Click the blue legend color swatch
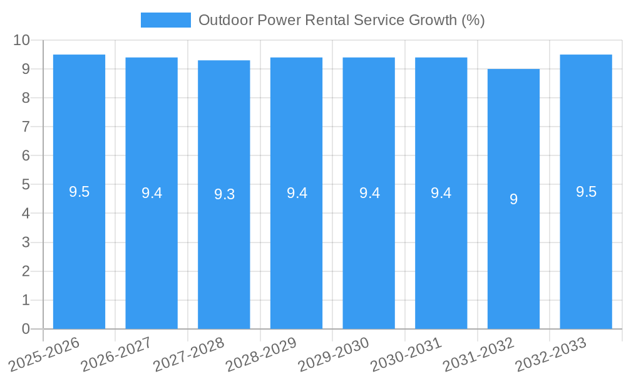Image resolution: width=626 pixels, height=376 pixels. (x=165, y=20)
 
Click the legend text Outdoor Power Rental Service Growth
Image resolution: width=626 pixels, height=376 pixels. (x=341, y=20)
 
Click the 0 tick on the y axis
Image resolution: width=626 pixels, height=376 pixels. (x=26, y=329)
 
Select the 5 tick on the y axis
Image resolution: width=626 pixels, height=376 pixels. (x=26, y=185)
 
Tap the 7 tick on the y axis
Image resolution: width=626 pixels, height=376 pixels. (x=26, y=127)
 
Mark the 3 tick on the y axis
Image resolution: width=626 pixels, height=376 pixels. (x=26, y=243)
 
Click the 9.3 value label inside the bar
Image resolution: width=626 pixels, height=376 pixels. (x=224, y=194)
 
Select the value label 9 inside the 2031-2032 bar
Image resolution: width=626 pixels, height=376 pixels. (x=513, y=199)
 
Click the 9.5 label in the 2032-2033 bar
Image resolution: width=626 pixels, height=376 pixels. (x=586, y=192)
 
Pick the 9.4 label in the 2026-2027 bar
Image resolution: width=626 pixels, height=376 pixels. (x=151, y=193)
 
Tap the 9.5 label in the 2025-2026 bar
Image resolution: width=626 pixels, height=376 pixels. (x=79, y=192)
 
